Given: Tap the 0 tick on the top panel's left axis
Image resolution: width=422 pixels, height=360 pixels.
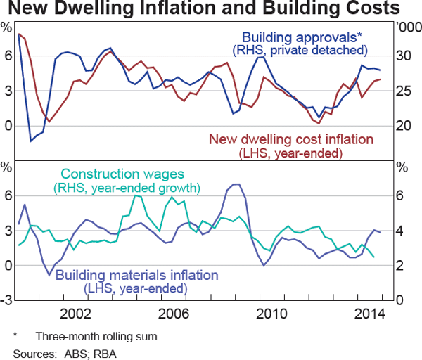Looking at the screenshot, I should point(8,126).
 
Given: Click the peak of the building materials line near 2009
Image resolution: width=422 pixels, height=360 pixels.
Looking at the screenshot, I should point(236,184).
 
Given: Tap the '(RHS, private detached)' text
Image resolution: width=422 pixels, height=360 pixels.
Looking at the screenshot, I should point(299,50).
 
